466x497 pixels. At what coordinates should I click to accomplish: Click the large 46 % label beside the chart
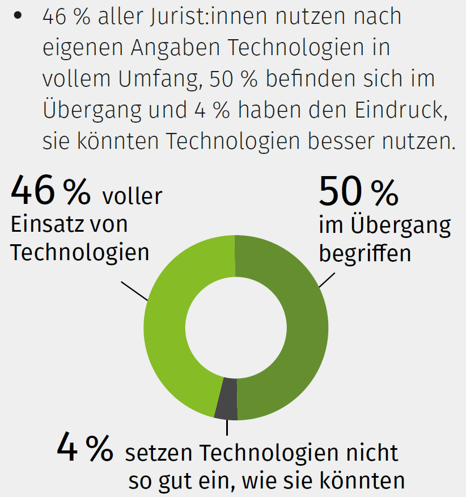pos(50,191)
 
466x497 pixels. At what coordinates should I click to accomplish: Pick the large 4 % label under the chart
pos(84,448)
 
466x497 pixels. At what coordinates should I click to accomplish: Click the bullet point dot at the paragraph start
pos(19,16)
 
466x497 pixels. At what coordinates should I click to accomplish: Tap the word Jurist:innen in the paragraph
pos(180,17)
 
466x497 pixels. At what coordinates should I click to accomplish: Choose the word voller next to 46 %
pos(132,197)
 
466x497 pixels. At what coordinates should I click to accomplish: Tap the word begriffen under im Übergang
pos(365,253)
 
